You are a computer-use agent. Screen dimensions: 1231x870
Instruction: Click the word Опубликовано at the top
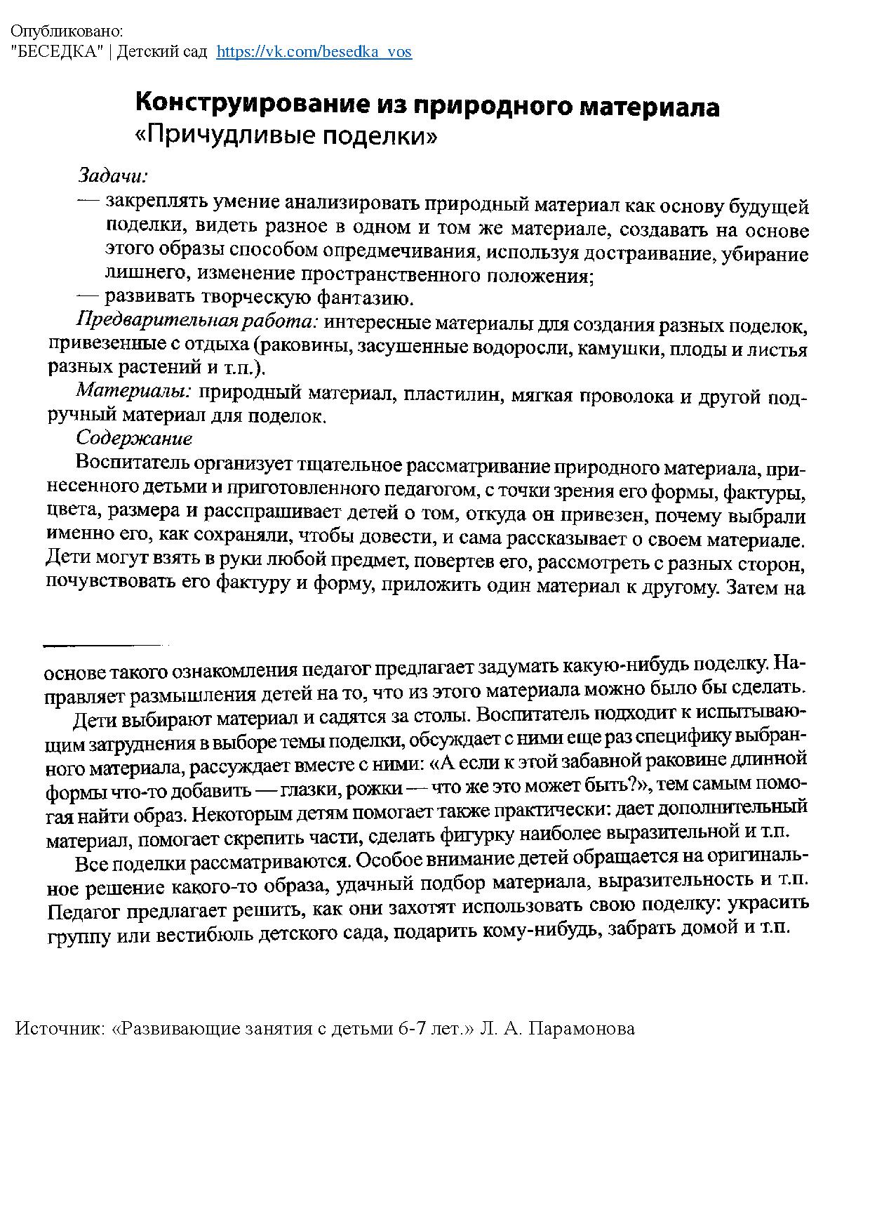click(x=67, y=32)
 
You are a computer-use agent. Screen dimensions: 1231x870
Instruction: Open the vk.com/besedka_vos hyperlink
click(x=314, y=52)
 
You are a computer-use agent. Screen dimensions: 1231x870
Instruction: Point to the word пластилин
click(x=455, y=395)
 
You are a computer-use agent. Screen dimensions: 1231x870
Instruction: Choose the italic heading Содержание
click(x=133, y=439)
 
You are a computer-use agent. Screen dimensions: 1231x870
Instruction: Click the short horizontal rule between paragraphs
click(x=105, y=644)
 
